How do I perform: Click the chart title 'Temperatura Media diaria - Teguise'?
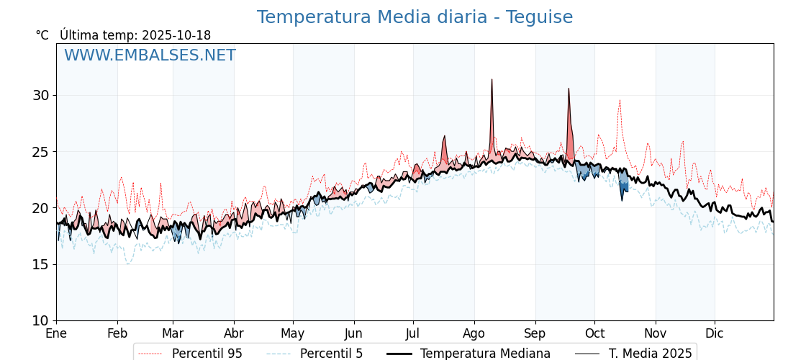coord(415,17)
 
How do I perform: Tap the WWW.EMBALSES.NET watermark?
coord(150,55)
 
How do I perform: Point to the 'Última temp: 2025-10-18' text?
coord(135,35)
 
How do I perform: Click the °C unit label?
coord(42,35)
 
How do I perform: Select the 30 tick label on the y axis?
coord(40,96)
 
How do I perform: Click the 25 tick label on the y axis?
coord(40,152)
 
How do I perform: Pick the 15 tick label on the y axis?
coord(40,264)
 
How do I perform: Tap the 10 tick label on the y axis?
coord(40,320)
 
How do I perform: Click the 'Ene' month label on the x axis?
coord(56,333)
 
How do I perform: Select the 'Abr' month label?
coord(234,333)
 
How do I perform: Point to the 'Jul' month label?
coord(413,333)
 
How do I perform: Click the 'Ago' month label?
coord(474,333)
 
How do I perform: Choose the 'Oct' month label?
coord(594,333)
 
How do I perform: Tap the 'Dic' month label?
coord(715,333)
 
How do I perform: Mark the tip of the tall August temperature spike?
coord(492,80)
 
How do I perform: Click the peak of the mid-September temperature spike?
coord(569,89)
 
